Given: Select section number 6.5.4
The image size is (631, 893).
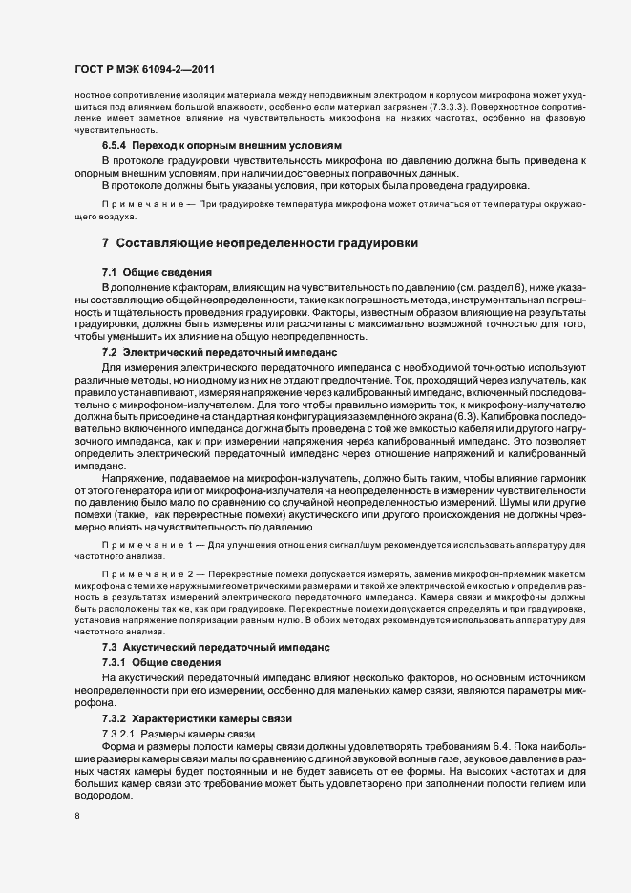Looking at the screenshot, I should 116,143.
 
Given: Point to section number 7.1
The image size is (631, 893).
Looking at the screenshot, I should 109,273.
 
